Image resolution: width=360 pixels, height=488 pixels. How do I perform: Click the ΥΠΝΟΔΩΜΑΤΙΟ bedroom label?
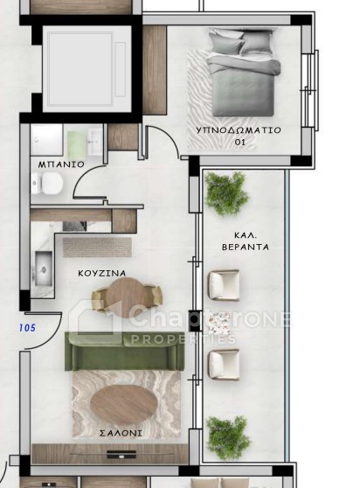tap(239, 129)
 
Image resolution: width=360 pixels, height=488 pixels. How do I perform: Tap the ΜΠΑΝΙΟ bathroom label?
tap(61, 164)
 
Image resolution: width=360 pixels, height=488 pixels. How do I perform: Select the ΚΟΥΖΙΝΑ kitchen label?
tap(102, 273)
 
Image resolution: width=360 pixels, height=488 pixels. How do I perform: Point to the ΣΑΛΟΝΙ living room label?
tap(121, 433)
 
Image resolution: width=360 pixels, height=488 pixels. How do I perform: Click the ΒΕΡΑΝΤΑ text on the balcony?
tap(246, 247)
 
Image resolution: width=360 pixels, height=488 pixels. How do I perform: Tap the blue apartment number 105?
tap(27, 328)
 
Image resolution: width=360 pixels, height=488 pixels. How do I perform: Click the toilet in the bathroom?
tap(47, 184)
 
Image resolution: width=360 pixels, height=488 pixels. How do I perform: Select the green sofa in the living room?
tap(125, 351)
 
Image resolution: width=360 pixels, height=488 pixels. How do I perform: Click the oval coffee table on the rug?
tap(124, 401)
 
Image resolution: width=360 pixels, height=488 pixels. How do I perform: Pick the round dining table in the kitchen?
tap(127, 296)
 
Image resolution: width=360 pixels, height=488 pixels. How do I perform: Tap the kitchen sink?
tap(43, 268)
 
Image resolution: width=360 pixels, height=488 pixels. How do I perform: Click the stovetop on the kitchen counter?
tap(74, 226)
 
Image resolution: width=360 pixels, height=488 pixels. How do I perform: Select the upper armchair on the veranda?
tap(224, 285)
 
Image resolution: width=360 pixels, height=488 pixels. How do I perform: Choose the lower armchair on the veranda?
tap(224, 365)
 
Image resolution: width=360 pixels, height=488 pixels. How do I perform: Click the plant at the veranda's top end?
tap(226, 193)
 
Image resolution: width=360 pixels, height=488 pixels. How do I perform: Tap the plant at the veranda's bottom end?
tap(228, 438)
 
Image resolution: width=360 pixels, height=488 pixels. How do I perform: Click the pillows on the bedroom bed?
tap(241, 42)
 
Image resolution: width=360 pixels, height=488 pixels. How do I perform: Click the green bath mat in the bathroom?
tap(76, 145)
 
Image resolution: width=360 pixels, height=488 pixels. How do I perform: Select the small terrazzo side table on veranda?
tap(219, 324)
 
